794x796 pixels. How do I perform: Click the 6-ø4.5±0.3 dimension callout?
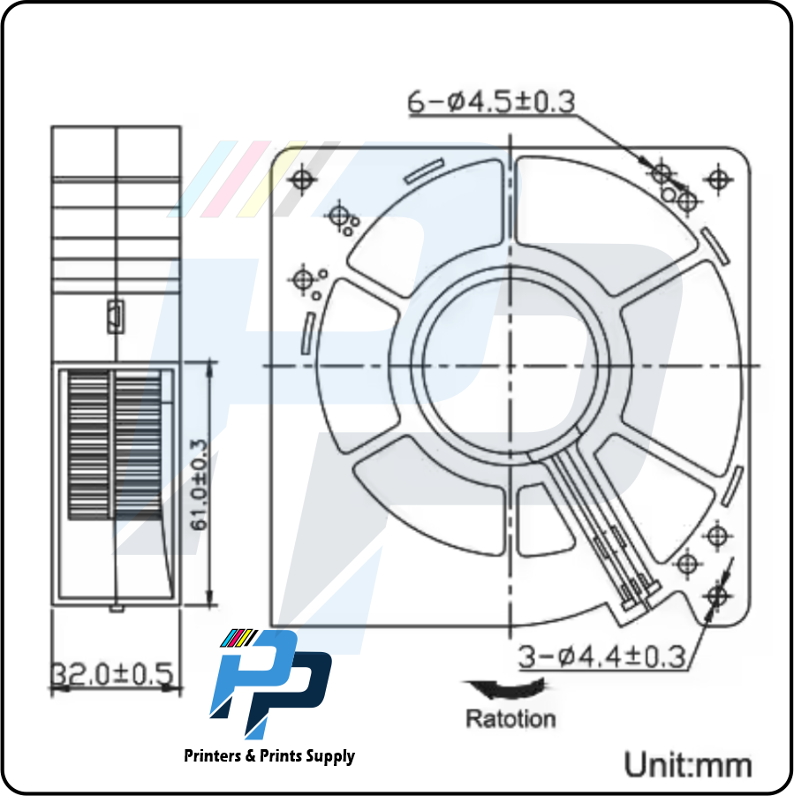pos(490,102)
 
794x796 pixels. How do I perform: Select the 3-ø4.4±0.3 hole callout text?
pos(601,656)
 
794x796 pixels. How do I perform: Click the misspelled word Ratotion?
pos(511,718)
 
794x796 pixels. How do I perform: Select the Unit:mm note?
pos(688,762)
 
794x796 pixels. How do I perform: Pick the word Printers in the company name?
pos(215,756)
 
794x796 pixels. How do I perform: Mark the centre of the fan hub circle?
pos(510,365)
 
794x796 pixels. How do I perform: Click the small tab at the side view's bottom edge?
pos(116,607)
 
